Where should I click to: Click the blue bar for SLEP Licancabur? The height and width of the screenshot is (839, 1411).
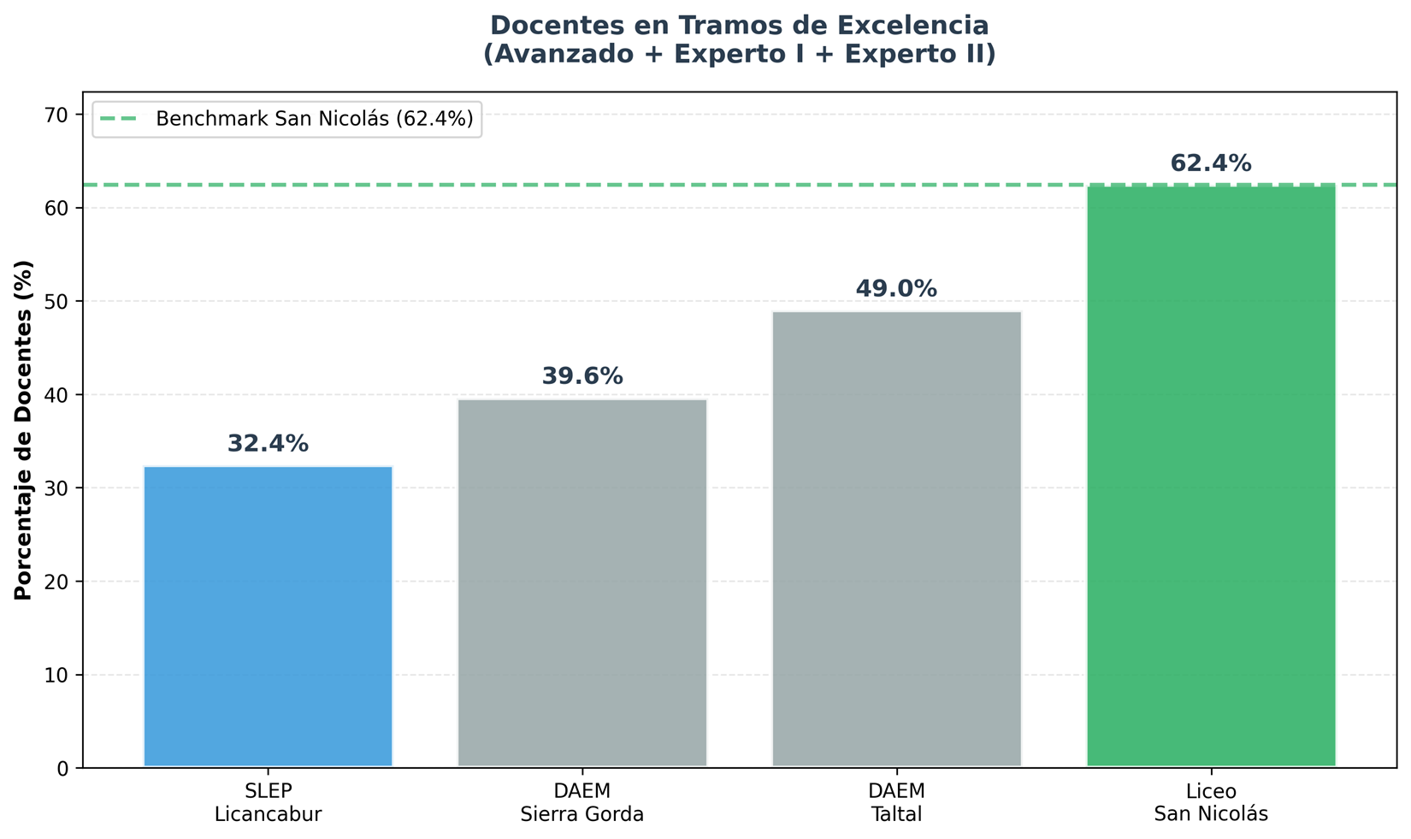tap(268, 616)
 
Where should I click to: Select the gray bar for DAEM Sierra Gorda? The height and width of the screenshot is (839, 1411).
tap(582, 582)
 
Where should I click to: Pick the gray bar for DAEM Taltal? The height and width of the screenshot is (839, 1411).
tap(896, 539)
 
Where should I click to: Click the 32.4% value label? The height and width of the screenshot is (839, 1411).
tap(268, 444)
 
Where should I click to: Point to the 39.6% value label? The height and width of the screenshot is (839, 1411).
tap(582, 376)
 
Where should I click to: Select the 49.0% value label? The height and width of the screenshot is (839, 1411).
tap(896, 289)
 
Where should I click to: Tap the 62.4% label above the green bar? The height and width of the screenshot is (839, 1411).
tap(1211, 163)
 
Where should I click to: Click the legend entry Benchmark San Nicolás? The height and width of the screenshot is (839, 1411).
tap(314, 119)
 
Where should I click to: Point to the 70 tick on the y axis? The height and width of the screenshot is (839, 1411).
tap(62, 115)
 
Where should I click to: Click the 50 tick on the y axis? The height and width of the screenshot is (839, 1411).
tap(62, 301)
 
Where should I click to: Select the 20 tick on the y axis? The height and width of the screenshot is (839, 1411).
tap(62, 582)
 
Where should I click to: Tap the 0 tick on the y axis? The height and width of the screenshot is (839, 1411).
tap(67, 768)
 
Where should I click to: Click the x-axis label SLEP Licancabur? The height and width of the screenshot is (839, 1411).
tap(268, 802)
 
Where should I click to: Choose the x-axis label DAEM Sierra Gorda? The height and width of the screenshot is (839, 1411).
tap(582, 802)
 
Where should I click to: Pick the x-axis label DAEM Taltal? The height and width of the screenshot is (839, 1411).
tap(896, 802)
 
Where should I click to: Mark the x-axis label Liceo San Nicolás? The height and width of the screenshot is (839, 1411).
tap(1211, 802)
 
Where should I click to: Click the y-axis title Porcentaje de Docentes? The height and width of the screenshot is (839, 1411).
tap(24, 429)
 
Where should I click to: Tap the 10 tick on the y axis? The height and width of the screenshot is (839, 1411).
tap(62, 675)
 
